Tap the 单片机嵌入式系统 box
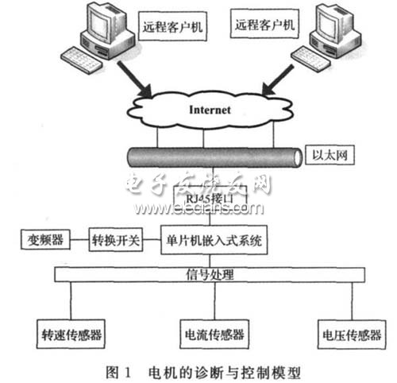(x=214, y=238)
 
